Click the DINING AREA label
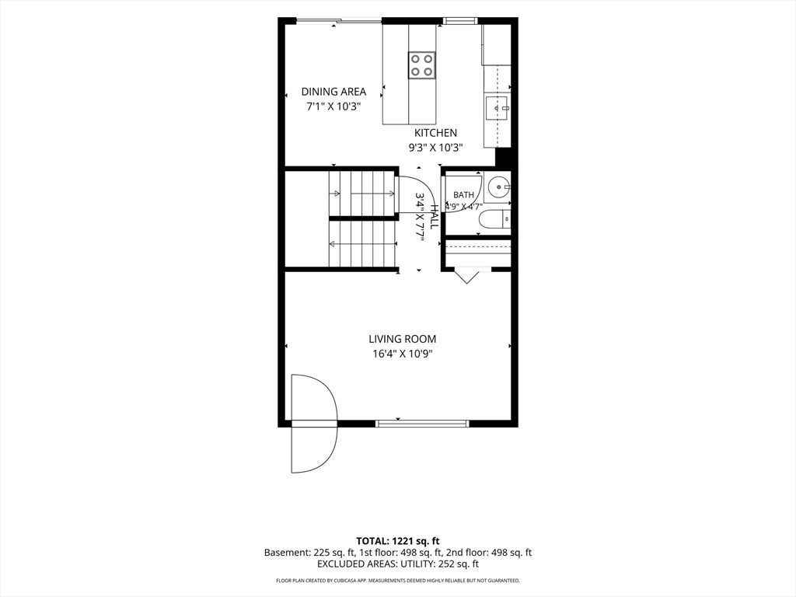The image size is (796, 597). [x=333, y=92]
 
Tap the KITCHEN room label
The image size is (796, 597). [x=435, y=133]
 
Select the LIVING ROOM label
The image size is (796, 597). [x=402, y=339]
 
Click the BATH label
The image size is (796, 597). [x=463, y=195]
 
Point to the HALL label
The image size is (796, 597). [x=435, y=217]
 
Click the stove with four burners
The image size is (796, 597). [x=422, y=65]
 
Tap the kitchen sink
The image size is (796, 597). [x=497, y=107]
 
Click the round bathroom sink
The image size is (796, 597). [x=500, y=187]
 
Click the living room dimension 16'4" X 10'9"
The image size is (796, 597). [x=402, y=354]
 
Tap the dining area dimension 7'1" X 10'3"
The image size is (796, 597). [x=333, y=107]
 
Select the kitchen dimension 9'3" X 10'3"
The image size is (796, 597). [x=435, y=148]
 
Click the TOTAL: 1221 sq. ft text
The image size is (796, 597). [x=397, y=541]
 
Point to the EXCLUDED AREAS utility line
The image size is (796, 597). [x=397, y=564]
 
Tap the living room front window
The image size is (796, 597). [x=421, y=424]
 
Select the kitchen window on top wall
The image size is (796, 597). [x=460, y=21]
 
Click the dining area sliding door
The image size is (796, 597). [x=339, y=21]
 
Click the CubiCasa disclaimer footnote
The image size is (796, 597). [x=397, y=580]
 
